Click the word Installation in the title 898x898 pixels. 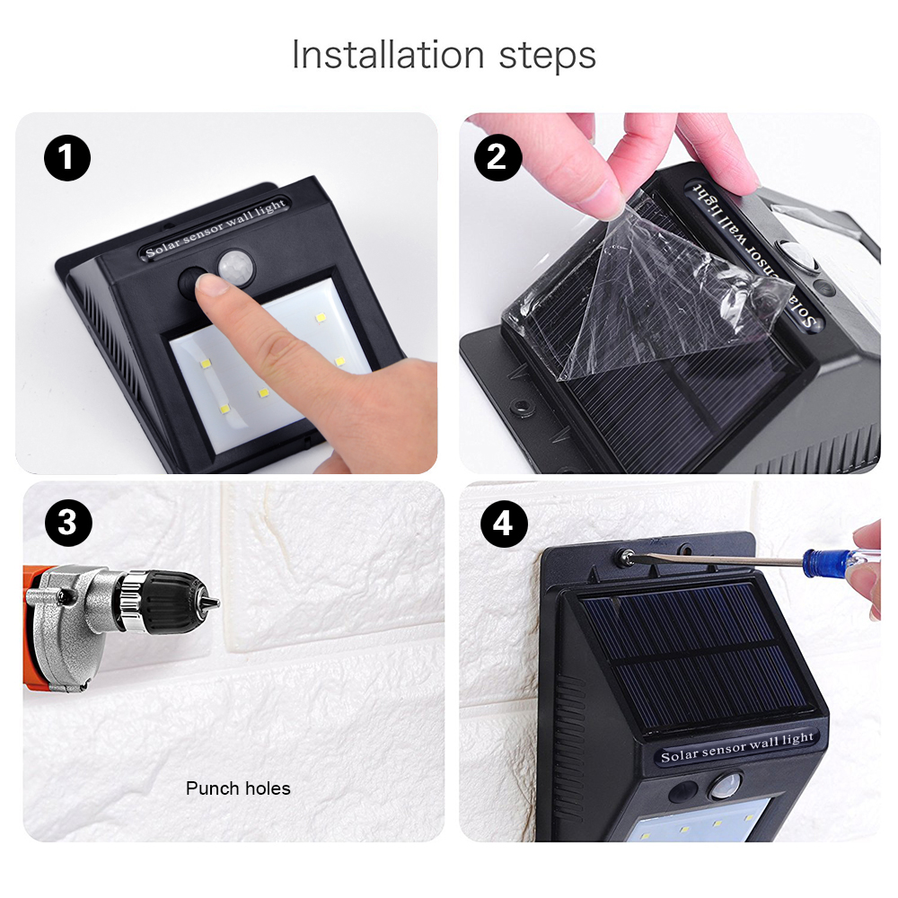click(388, 55)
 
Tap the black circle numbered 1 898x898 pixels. click(67, 157)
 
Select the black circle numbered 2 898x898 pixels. click(497, 157)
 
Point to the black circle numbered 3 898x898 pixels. click(68, 523)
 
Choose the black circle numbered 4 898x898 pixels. click(504, 524)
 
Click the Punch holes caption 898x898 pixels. click(238, 788)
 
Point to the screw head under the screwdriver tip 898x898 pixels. click(625, 556)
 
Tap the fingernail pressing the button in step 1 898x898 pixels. click(209, 284)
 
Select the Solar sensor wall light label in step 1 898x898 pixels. click(216, 229)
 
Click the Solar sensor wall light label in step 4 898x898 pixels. click(736, 747)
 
